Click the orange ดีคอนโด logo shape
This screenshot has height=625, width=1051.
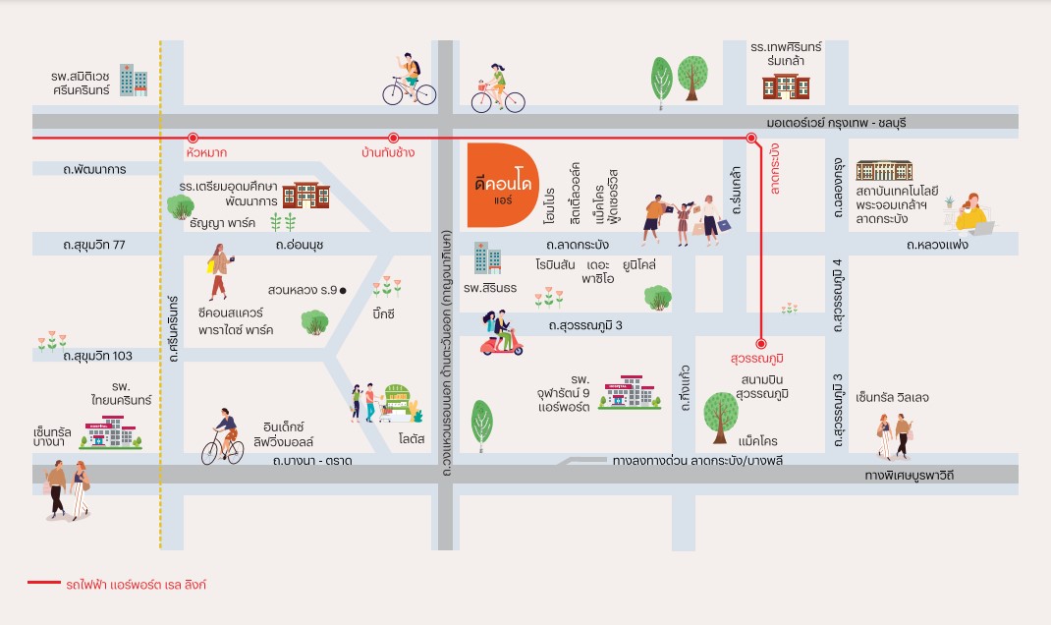(x=501, y=185)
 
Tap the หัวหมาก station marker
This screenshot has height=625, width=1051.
(x=194, y=139)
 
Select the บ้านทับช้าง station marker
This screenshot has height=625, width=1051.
(x=394, y=139)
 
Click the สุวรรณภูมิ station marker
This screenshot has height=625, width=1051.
(x=761, y=343)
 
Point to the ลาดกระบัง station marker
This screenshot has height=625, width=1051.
(x=751, y=139)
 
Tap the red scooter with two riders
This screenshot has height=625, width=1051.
(x=501, y=333)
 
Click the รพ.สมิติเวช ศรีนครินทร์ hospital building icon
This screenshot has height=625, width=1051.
(x=134, y=80)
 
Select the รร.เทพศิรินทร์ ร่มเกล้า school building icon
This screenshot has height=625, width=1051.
(x=786, y=86)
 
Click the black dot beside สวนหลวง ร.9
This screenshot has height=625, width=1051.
(x=343, y=290)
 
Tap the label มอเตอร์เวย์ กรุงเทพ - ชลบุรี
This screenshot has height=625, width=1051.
(x=836, y=123)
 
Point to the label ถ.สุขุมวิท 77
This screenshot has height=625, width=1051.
(x=94, y=245)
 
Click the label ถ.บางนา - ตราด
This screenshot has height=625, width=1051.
(x=312, y=461)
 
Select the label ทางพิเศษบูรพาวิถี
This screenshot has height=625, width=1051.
(x=909, y=476)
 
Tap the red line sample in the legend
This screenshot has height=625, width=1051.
(x=44, y=583)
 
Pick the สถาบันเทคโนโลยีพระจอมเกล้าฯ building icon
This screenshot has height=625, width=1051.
(x=884, y=170)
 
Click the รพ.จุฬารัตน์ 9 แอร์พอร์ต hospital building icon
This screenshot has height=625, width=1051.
(x=630, y=392)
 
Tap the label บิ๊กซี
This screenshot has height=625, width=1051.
(x=383, y=313)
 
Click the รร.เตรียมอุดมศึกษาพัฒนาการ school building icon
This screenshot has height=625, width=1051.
(x=305, y=195)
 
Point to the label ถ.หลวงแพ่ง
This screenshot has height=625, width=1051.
(x=937, y=245)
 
